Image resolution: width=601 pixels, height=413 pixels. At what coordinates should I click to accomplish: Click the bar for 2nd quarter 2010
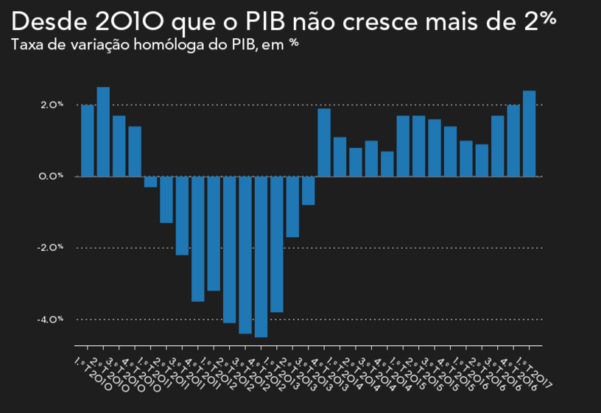point(103,132)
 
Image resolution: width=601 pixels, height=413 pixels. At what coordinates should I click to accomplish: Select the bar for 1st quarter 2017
point(529,133)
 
